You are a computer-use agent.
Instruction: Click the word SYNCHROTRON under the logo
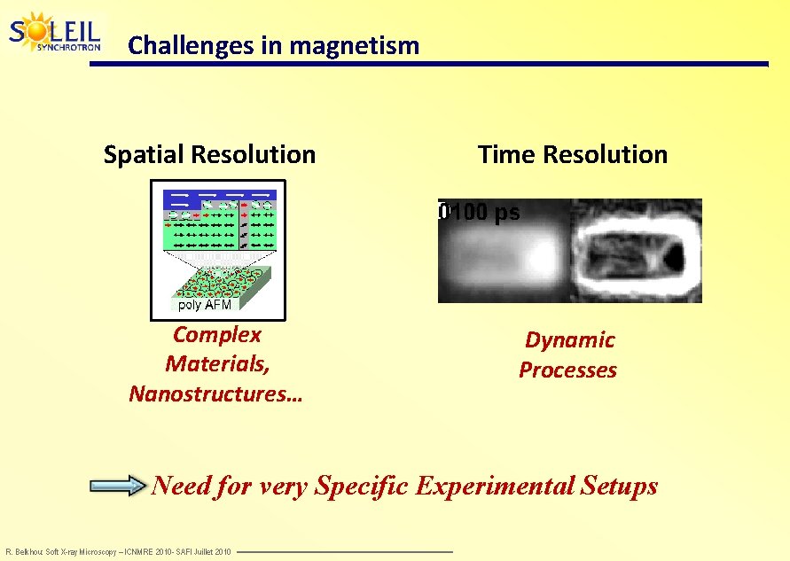coord(68,47)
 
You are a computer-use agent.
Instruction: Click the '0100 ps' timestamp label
coord(480,213)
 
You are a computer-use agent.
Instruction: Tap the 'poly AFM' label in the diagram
coord(204,305)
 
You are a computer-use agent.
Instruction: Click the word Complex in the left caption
coord(217,335)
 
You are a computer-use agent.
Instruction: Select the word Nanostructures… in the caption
coord(215,393)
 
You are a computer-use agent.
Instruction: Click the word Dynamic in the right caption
coord(569,340)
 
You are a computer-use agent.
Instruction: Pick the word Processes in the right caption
coord(567,370)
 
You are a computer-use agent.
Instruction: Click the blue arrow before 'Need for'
coord(118,486)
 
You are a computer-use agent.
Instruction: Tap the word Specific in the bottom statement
coord(364,486)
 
